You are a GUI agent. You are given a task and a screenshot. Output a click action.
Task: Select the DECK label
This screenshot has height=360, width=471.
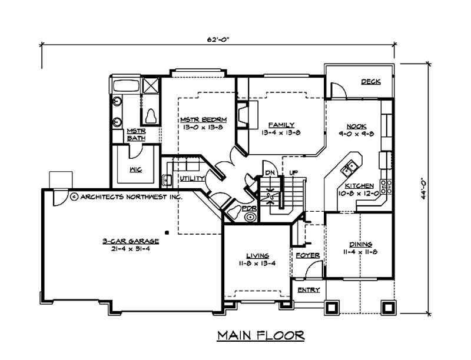click(x=370, y=82)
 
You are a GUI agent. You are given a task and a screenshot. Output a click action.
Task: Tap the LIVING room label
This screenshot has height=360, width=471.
click(x=257, y=255)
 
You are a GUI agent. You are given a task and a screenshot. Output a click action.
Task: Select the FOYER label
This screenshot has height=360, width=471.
click(x=307, y=255)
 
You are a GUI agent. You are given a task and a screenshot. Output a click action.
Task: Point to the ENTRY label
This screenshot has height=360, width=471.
click(x=308, y=290)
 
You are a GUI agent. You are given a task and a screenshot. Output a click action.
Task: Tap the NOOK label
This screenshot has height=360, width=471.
click(x=356, y=126)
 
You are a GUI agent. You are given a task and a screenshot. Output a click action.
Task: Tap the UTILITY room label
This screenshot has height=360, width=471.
click(x=191, y=178)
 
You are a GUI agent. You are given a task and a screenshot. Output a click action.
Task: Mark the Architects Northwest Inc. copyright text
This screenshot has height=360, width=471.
click(x=125, y=197)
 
